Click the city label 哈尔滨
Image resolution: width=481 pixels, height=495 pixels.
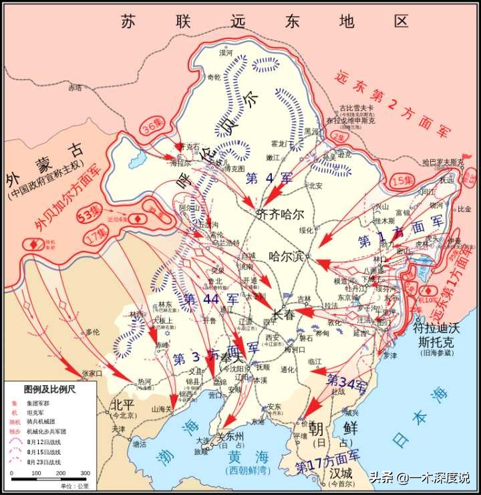click(x=286, y=256)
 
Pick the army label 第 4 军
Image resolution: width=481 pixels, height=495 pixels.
click(x=269, y=179)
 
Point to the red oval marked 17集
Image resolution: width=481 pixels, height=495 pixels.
click(x=98, y=235)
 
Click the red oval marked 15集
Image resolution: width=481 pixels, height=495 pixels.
click(x=402, y=181)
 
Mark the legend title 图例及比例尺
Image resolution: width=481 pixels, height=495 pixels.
click(x=50, y=388)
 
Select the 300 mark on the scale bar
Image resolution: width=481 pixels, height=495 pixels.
click(x=85, y=473)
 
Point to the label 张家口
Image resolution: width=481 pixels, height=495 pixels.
click(x=92, y=373)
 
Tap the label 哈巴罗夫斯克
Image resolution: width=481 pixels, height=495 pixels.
click(x=443, y=163)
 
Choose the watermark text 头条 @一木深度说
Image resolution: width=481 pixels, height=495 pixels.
click(x=420, y=478)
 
